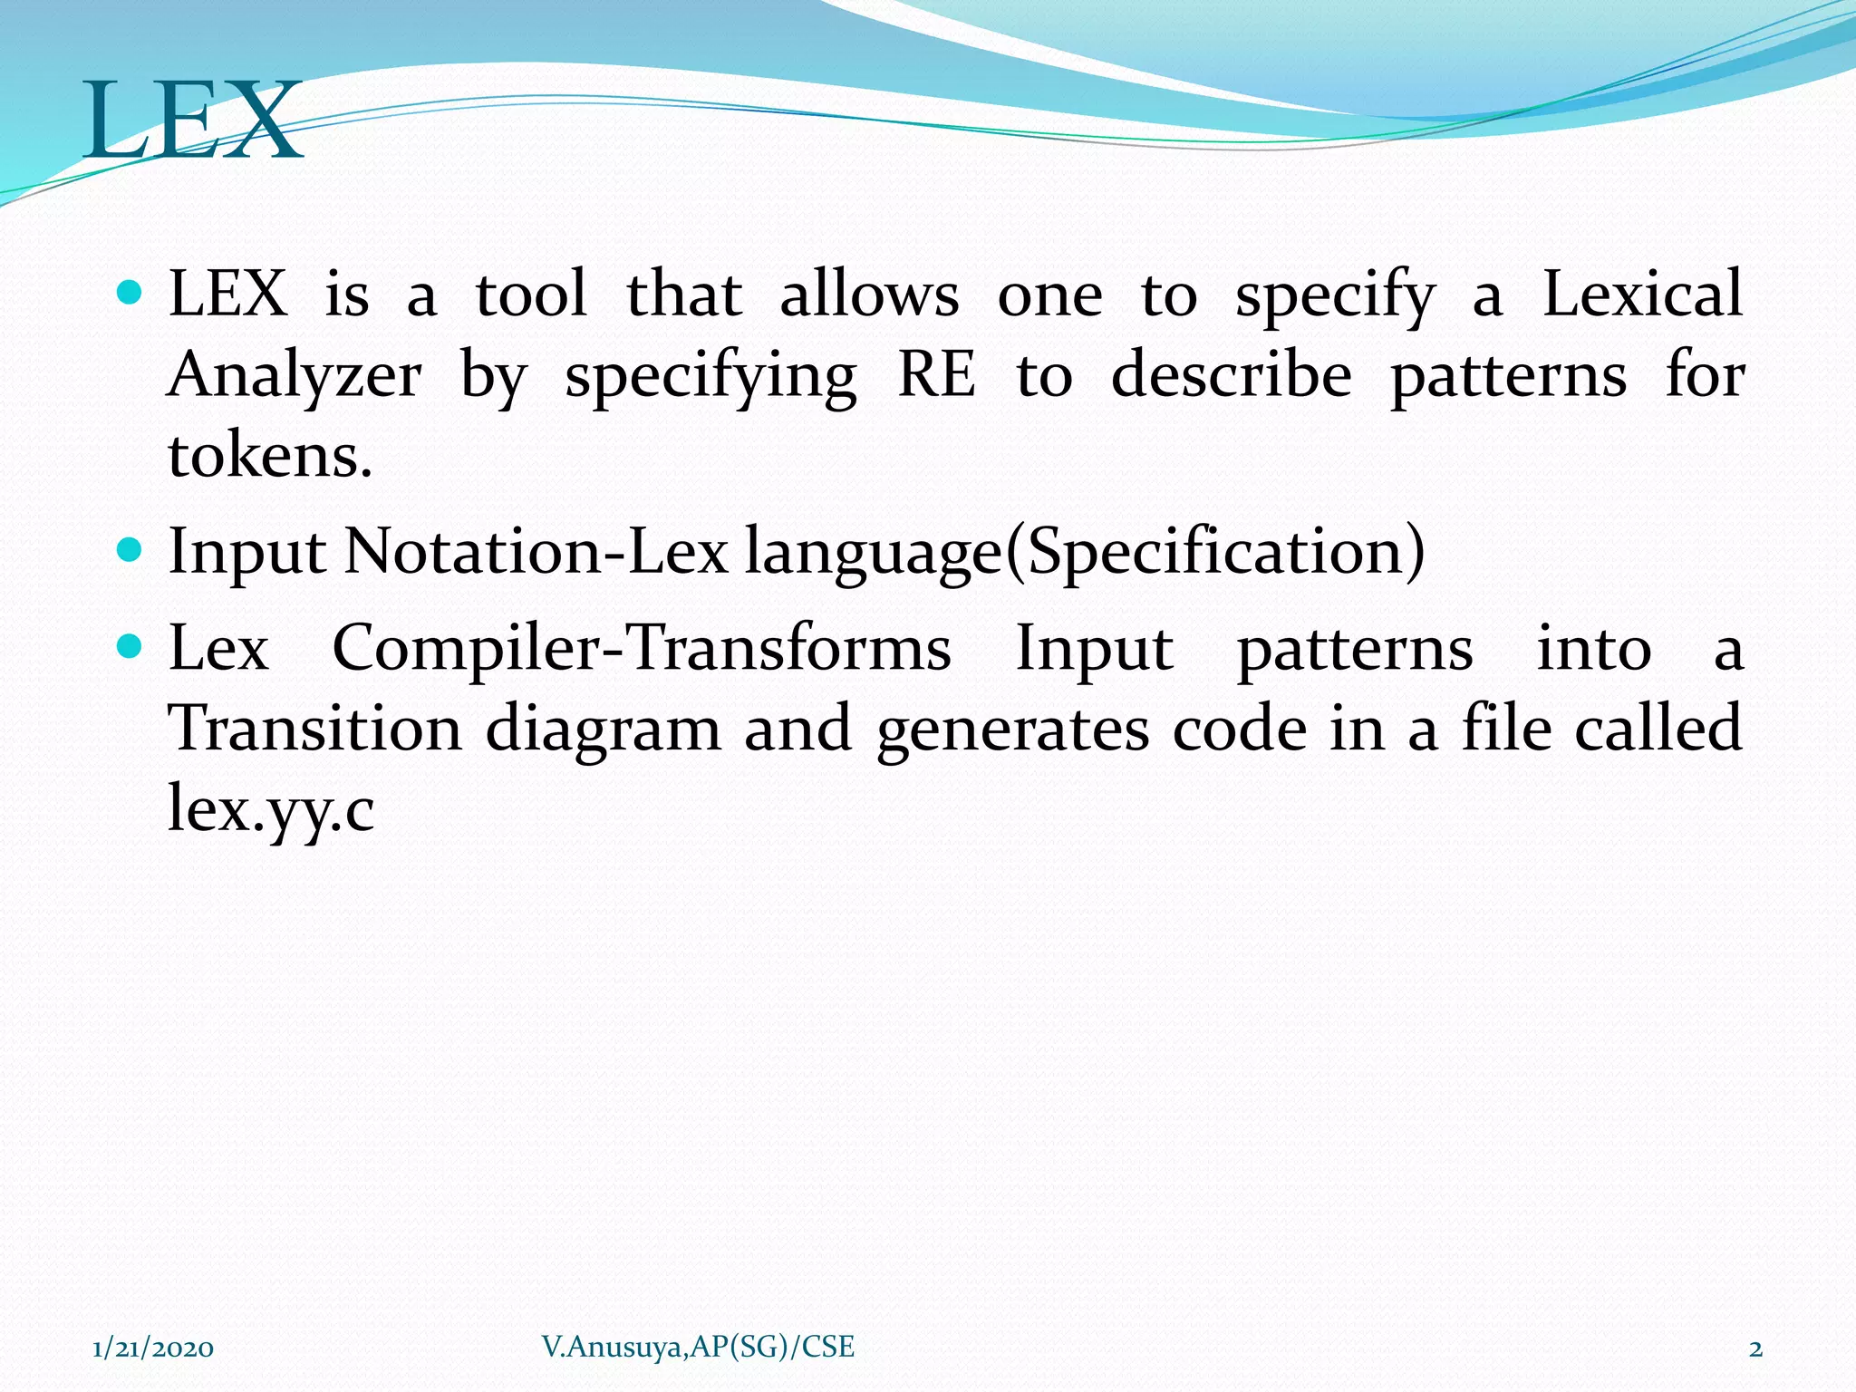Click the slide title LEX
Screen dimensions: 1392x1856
(193, 121)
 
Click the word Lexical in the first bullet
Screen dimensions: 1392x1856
(1641, 295)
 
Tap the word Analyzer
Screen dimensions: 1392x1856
(295, 375)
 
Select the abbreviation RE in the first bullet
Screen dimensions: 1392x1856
(936, 375)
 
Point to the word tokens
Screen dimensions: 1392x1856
(269, 455)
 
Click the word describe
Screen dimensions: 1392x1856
(1231, 375)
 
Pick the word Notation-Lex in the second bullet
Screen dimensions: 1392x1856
(536, 551)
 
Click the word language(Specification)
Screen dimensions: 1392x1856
(1085, 553)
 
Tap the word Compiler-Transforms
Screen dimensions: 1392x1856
(642, 649)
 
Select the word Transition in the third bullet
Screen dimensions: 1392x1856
(315, 729)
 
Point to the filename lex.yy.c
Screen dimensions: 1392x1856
(271, 809)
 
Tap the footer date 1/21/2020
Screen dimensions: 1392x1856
(153, 1348)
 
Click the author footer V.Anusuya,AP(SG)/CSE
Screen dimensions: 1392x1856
(698, 1348)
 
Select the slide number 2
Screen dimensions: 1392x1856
(1755, 1349)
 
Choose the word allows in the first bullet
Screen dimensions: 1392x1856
(869, 295)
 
